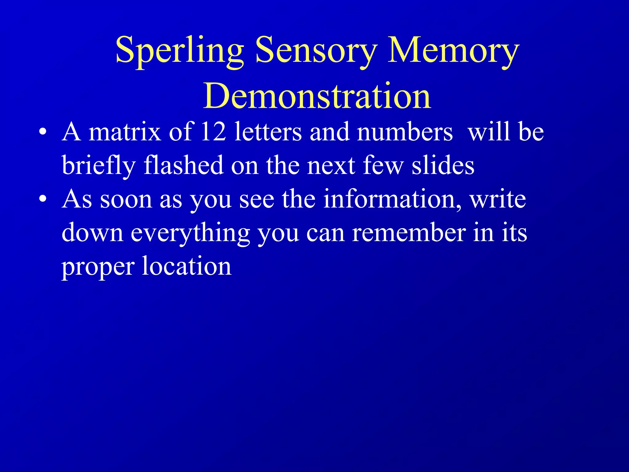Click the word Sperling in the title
[x=180, y=51]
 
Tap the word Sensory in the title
[x=316, y=51]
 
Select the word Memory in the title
[x=453, y=51]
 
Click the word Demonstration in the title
[x=317, y=96]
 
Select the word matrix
[x=125, y=132]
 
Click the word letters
[x=268, y=132]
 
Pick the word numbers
[x=404, y=132]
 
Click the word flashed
[x=183, y=165]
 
